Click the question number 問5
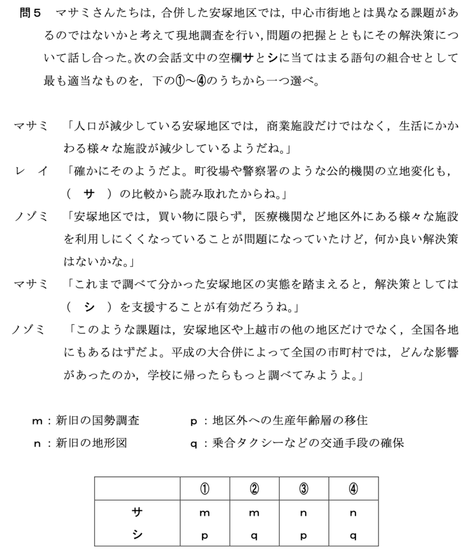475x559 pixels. (x=31, y=13)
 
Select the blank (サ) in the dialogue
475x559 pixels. (x=88, y=194)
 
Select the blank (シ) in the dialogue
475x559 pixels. (x=88, y=307)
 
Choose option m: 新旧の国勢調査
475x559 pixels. (x=86, y=420)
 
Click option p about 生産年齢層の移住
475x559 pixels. (x=278, y=420)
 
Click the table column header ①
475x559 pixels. (x=205, y=488)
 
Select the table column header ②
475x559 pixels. (x=254, y=488)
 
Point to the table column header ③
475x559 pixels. (x=303, y=488)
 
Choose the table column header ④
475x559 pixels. (x=352, y=488)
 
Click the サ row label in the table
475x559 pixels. (x=137, y=512)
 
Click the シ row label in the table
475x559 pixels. (x=137, y=534)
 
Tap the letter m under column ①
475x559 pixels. (x=205, y=513)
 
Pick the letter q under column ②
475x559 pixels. (x=254, y=536)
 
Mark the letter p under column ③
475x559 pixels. (x=303, y=536)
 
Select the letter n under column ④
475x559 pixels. (x=352, y=513)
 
